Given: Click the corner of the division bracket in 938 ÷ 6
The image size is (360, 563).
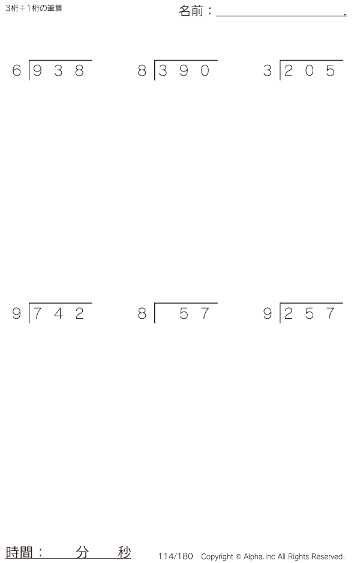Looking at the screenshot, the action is [29, 61].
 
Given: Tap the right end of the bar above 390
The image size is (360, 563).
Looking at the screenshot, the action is [218, 61].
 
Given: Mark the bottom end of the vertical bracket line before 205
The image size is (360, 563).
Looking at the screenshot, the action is [280, 80].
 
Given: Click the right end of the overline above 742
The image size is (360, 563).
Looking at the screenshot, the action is [92, 303].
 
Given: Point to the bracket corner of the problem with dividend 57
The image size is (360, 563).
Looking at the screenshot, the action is [155, 303].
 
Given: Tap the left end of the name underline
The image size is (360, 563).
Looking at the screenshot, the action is [217, 16].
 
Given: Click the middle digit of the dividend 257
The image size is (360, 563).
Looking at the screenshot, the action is [310, 314].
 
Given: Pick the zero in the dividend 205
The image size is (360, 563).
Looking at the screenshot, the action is [310, 71].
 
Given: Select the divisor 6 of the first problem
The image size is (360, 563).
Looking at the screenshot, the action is [17, 71].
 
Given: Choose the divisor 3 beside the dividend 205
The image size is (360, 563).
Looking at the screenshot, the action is [268, 71].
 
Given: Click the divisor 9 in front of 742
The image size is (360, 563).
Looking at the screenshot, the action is [17, 314].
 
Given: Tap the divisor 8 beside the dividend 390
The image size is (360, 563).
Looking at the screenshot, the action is [142, 71].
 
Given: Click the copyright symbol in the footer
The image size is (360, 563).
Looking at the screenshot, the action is [238, 556].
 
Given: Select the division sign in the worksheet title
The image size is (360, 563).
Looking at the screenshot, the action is [23, 8].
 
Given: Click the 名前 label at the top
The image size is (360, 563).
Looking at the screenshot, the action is [191, 11].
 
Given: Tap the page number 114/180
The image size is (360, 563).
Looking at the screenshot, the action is [176, 556].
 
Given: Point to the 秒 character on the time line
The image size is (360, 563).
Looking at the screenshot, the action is [124, 552].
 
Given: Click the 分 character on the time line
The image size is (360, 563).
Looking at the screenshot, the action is [82, 552].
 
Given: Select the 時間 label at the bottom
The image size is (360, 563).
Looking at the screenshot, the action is [19, 552].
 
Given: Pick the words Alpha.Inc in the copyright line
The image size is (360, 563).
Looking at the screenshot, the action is [259, 556].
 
